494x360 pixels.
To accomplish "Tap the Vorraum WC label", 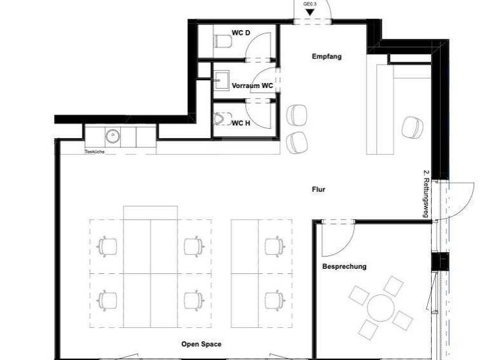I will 253,85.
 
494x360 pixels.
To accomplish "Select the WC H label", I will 241,123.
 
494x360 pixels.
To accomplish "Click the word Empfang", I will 326,57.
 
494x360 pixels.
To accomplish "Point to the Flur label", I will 318,190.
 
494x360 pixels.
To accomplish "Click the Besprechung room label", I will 344,266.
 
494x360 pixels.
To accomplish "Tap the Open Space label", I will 201,345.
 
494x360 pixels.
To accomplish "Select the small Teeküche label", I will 95,152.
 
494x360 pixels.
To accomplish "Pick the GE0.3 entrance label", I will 311,4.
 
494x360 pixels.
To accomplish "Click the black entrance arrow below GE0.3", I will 311,12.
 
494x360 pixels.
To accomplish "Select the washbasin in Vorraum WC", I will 222,80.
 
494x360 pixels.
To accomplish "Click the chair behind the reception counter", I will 411,127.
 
